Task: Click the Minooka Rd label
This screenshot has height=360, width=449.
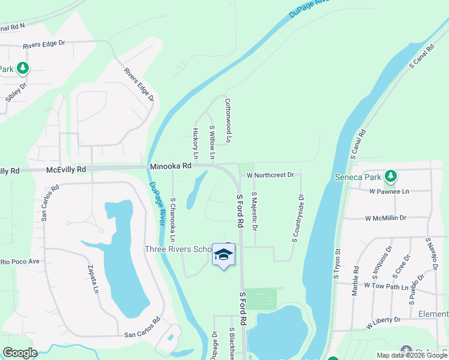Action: [170, 166]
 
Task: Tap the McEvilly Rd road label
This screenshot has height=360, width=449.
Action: [66, 170]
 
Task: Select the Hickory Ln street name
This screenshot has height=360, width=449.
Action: [195, 139]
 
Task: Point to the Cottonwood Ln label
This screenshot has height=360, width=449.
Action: [228, 121]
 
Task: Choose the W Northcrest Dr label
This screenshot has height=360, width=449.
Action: [270, 175]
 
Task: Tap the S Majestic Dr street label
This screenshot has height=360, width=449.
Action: [255, 211]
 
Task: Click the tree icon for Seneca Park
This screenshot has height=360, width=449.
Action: [391, 176]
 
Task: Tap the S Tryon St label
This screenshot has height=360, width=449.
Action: [337, 264]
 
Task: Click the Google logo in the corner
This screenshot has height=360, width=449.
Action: [20, 353]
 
